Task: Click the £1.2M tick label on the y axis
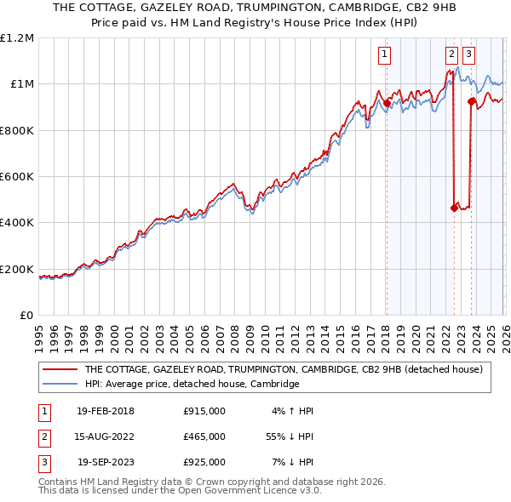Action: point(18,38)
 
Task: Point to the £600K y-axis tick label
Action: point(18,177)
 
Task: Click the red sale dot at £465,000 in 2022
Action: point(453,208)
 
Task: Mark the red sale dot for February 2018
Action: point(386,104)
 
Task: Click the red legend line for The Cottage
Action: point(60,370)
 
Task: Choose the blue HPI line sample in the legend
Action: point(60,385)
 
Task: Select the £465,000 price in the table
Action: point(204,436)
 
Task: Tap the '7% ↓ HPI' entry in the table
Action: point(292,462)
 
